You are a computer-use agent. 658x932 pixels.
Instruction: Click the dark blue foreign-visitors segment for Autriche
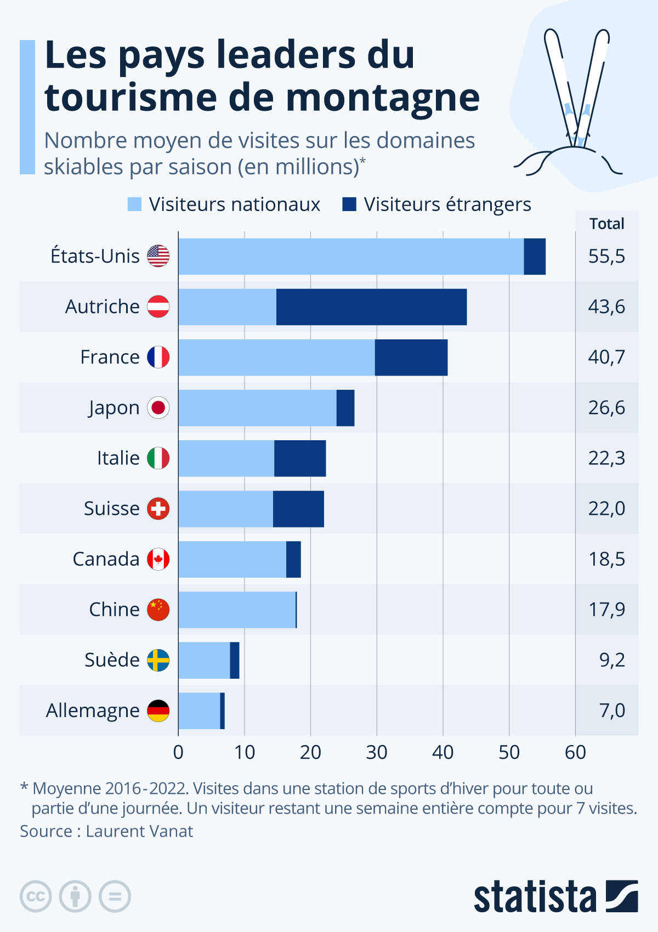[x=371, y=307]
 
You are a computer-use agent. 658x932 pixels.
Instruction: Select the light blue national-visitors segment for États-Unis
[x=351, y=257]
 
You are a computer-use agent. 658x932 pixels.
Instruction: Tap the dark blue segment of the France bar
[x=411, y=357]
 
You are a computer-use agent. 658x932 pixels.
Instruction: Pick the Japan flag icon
[x=158, y=408]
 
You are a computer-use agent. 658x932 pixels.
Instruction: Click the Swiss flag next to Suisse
[x=158, y=509]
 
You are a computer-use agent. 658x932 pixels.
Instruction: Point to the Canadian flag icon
[x=158, y=559]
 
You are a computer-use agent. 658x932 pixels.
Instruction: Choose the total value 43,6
[x=606, y=307]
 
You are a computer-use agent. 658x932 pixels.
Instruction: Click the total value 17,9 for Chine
[x=606, y=610]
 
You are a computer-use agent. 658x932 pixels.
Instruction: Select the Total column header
[x=606, y=224]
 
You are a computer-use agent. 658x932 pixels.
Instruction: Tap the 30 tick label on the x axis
[x=377, y=753]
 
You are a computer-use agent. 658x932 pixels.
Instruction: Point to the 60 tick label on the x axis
[x=575, y=753]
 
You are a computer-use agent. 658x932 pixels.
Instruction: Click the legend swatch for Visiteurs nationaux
[x=134, y=204]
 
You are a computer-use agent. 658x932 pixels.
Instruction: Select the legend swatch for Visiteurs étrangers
[x=349, y=204]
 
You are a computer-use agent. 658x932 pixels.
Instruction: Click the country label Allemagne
[x=93, y=711]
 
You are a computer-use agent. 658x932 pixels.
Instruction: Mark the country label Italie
[x=118, y=458]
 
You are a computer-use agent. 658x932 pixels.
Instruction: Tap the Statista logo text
[x=535, y=897]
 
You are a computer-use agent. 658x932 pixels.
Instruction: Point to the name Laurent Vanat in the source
[x=139, y=831]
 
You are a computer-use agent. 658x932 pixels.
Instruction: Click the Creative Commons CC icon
[x=36, y=897]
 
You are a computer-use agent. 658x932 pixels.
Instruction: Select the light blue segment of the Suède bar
[x=204, y=660]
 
